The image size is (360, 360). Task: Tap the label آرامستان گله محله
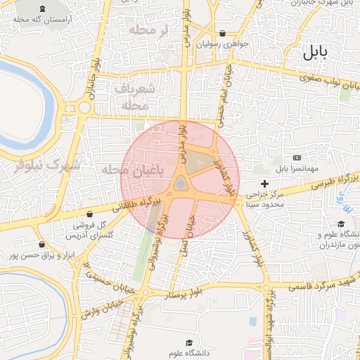(47, 20)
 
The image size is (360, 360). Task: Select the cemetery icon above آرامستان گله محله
(46, 9)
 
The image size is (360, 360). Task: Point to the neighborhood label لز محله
(146, 30)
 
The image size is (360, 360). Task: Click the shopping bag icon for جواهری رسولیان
(222, 33)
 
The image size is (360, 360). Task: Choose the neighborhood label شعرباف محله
(132, 97)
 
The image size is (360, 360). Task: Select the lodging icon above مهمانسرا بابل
(297, 157)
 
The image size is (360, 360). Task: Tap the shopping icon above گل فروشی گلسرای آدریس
(89, 214)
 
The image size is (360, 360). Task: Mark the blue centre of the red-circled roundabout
(181, 184)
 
